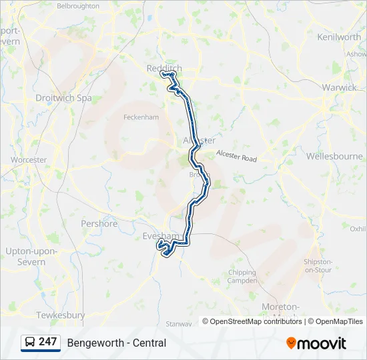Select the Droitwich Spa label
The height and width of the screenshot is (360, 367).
63,98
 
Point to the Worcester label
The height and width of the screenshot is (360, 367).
29,160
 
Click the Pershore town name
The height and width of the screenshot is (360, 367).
99,224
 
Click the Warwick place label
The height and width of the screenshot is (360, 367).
338,87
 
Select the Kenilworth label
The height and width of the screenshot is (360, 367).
339,37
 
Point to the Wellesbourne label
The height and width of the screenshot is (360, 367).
334,156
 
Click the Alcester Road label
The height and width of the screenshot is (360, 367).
236,156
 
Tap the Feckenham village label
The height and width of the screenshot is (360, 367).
141,117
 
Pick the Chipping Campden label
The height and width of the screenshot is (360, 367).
242,277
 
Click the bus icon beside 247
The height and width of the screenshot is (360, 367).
30,343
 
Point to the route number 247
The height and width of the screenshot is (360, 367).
48,342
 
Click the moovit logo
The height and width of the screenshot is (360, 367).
316,343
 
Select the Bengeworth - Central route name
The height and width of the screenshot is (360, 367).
117,343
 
